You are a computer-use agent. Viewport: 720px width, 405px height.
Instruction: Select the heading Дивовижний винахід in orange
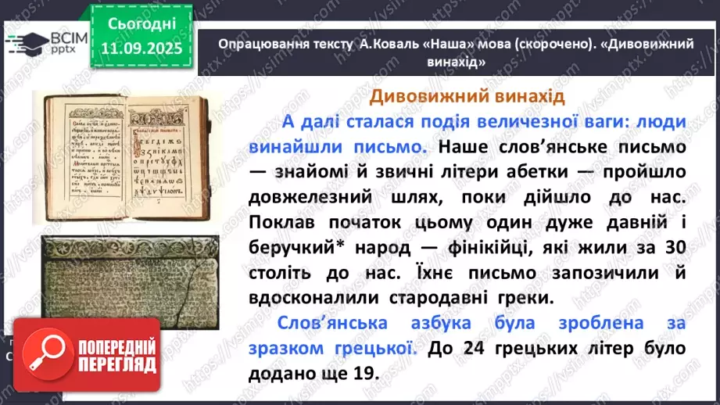tap(466, 96)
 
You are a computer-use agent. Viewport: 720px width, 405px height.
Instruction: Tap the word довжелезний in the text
tap(310, 197)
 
